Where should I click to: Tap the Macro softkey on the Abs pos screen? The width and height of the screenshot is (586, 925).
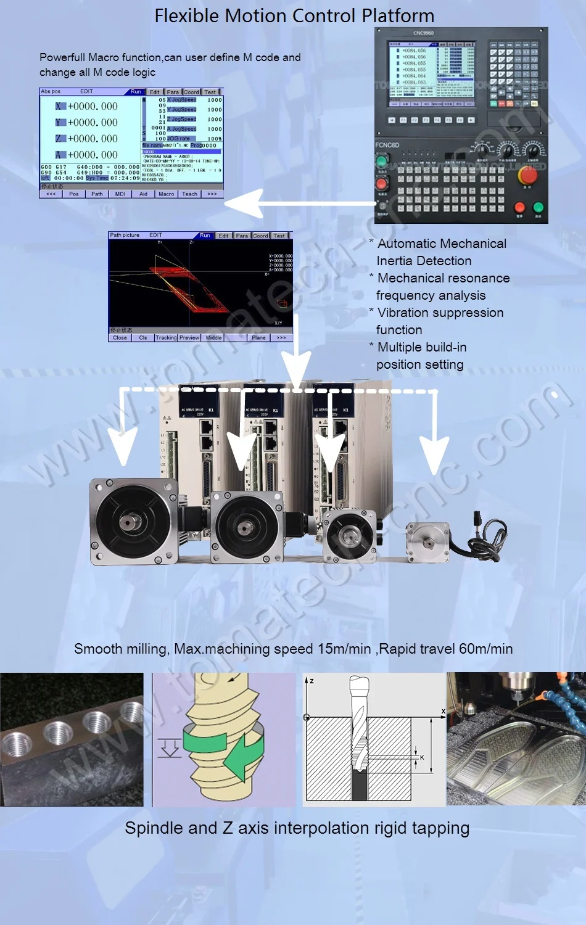click(x=166, y=194)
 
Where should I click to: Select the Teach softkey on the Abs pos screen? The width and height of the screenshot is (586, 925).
click(x=189, y=194)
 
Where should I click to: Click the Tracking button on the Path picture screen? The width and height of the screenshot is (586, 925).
click(x=165, y=337)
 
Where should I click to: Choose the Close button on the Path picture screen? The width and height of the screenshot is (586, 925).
click(x=120, y=337)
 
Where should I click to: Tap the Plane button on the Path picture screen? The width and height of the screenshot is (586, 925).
click(x=258, y=337)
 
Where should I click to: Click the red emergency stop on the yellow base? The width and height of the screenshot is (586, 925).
click(x=527, y=175)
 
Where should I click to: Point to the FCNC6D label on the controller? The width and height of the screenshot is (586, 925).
click(x=387, y=145)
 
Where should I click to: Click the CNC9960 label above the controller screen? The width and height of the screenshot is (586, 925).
click(x=423, y=33)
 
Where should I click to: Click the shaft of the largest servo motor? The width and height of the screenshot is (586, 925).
click(x=132, y=523)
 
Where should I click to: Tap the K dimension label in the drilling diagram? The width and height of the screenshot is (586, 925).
click(x=422, y=757)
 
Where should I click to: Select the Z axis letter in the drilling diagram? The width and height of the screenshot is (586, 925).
click(x=312, y=681)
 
